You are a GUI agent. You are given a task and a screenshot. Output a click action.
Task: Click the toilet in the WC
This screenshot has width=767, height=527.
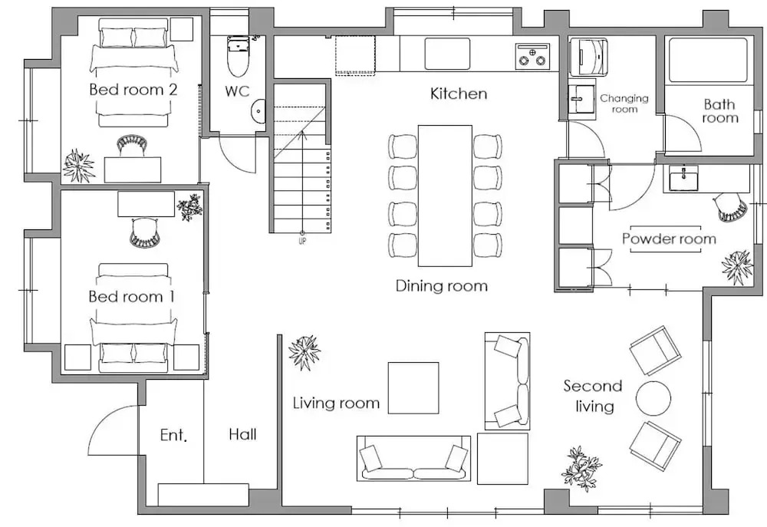pyautogui.click(x=239, y=56)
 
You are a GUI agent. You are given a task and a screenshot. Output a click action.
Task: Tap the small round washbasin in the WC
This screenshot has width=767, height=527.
pyautogui.click(x=258, y=110)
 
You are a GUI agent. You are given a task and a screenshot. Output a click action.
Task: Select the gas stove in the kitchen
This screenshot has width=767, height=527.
pyautogui.click(x=532, y=54)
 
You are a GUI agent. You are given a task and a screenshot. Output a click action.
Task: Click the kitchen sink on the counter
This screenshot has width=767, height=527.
pyautogui.click(x=447, y=54)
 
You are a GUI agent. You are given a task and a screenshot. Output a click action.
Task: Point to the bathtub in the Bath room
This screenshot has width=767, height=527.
pyautogui.click(x=708, y=60)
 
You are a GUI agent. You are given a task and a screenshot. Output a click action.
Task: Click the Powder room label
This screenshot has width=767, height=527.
pyautogui.click(x=669, y=239)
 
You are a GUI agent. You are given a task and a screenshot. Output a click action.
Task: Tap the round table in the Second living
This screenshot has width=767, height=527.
pyautogui.click(x=653, y=397)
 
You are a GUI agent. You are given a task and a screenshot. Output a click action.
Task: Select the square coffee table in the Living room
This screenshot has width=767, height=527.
pyautogui.click(x=413, y=387)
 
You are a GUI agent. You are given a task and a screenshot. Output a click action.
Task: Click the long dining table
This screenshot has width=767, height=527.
pyautogui.click(x=445, y=196)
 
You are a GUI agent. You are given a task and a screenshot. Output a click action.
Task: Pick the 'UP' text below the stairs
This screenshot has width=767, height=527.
pyautogui.click(x=302, y=241)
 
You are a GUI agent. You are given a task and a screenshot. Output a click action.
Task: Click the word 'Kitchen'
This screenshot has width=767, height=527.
pyautogui.click(x=459, y=94)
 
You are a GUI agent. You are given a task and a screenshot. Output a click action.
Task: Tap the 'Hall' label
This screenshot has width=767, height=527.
pyautogui.click(x=242, y=434)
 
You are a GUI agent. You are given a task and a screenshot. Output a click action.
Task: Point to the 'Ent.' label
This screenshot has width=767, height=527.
pyautogui.click(x=173, y=434)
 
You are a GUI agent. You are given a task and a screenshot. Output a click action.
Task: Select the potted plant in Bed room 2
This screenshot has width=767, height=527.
pyautogui.click(x=78, y=165)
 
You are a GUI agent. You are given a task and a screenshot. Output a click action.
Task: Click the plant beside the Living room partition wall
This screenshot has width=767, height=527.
pyautogui.click(x=304, y=352)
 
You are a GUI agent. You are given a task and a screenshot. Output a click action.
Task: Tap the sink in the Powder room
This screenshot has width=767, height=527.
pyautogui.click(x=683, y=179)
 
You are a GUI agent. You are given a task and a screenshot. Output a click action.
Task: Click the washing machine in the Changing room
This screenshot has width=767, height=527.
pyautogui.click(x=588, y=57)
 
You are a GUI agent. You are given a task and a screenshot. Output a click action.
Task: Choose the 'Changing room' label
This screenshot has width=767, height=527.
pyautogui.click(x=624, y=104)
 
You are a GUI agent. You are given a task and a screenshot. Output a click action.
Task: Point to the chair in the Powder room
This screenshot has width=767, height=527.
pyautogui.click(x=732, y=207)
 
